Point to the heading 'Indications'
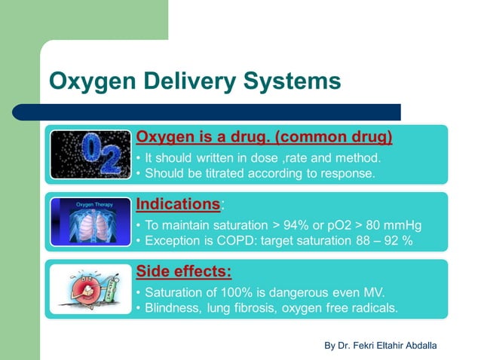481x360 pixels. point(179,204)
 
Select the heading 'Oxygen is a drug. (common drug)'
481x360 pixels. point(264,137)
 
